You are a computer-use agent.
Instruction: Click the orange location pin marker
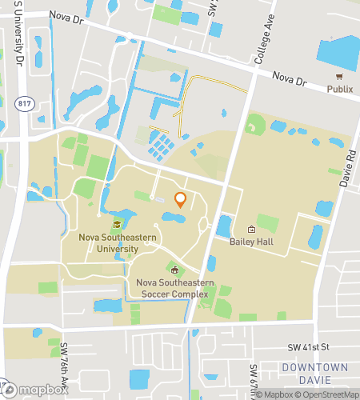click(x=180, y=200)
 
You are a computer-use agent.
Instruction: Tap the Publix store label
click(x=339, y=90)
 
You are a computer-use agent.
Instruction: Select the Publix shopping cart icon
click(x=339, y=77)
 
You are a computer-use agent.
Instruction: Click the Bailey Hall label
click(x=251, y=242)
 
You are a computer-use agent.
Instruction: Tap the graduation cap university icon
click(x=118, y=225)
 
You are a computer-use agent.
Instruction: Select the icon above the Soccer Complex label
click(x=174, y=270)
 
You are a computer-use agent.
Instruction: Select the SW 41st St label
click(x=308, y=348)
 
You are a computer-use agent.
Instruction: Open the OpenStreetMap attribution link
click(x=321, y=394)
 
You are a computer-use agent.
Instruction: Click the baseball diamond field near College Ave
click(x=255, y=126)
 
